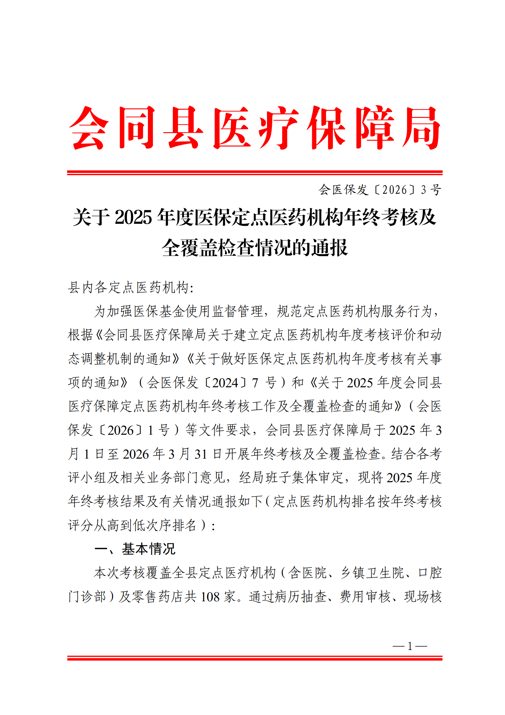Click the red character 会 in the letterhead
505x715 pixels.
tap(89, 128)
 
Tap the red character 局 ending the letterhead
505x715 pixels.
tap(421, 128)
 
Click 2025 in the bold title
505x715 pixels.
tap(133, 218)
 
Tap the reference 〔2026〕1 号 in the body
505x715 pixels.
tap(135, 430)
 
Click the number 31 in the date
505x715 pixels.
tap(201, 454)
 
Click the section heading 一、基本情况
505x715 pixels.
tap(135, 549)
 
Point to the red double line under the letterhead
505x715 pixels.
tap(255, 173)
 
